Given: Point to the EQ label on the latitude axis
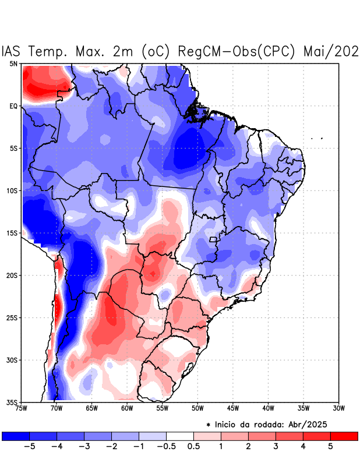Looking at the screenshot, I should click(13, 106).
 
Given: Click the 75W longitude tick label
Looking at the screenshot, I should click(22, 408).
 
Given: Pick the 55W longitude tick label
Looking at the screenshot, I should click(163, 408).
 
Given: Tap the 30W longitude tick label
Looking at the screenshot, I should click(340, 408).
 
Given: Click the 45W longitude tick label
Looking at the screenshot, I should click(234, 408).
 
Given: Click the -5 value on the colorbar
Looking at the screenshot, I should click(29, 446).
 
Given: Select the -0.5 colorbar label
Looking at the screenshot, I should click(165, 446).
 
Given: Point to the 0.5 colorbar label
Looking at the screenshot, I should click(194, 446).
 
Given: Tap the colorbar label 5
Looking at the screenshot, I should click(330, 446).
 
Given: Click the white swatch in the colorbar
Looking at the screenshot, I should click(180, 436).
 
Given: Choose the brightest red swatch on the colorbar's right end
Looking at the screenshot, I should click(344, 436).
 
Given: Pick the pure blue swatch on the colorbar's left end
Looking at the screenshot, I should click(16, 436).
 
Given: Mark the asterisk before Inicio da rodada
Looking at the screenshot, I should click(209, 425).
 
